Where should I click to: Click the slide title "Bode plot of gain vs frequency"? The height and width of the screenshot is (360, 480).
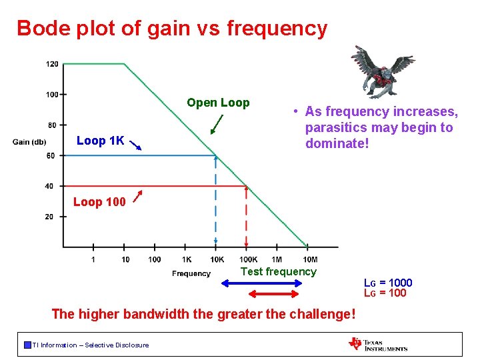pos(172,29)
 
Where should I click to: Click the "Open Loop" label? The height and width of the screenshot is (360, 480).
pos(218,103)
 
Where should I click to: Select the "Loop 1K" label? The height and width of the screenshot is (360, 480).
pos(100,141)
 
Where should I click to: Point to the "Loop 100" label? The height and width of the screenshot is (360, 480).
pos(99,202)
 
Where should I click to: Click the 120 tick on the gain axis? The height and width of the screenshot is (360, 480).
pos(52,65)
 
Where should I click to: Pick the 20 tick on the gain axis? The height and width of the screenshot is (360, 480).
pos(49,217)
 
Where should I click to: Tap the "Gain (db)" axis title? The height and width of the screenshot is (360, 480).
pos(29,141)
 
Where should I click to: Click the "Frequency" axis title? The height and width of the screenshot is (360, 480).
pos(191,273)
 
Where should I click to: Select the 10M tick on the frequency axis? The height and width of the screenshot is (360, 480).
pos(309,259)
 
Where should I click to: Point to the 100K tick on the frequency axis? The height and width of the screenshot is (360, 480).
pos(248,259)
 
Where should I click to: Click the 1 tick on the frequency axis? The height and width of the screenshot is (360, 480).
pos(93,259)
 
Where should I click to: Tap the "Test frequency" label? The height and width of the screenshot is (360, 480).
pos(278,271)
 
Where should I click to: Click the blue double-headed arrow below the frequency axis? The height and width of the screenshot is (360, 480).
pos(262,283)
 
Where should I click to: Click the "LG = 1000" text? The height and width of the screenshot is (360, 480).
pos(387,283)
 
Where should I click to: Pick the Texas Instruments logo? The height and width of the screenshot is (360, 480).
pos(378,344)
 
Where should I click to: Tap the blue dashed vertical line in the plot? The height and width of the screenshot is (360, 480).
pos(215,200)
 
